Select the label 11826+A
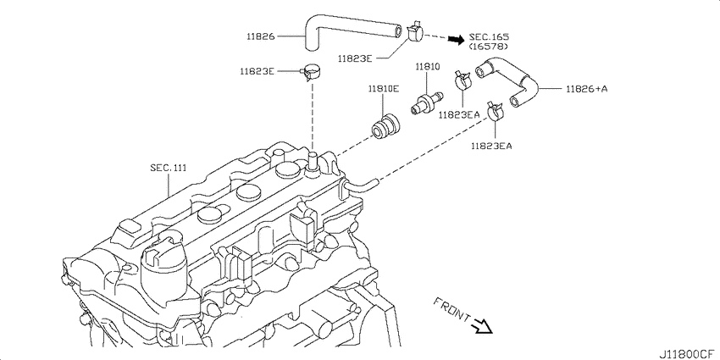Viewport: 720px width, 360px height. click(x=586, y=89)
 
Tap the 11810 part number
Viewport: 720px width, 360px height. click(x=428, y=67)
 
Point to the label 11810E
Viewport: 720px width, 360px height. click(x=383, y=89)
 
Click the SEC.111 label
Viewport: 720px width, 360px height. click(x=168, y=168)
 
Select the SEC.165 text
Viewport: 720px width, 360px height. click(x=489, y=36)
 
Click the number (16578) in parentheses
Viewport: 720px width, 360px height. click(x=488, y=47)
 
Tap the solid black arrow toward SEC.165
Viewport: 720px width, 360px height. click(x=457, y=40)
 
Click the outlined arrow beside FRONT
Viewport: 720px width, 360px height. click(x=483, y=325)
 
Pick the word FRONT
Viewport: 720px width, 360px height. click(x=451, y=309)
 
